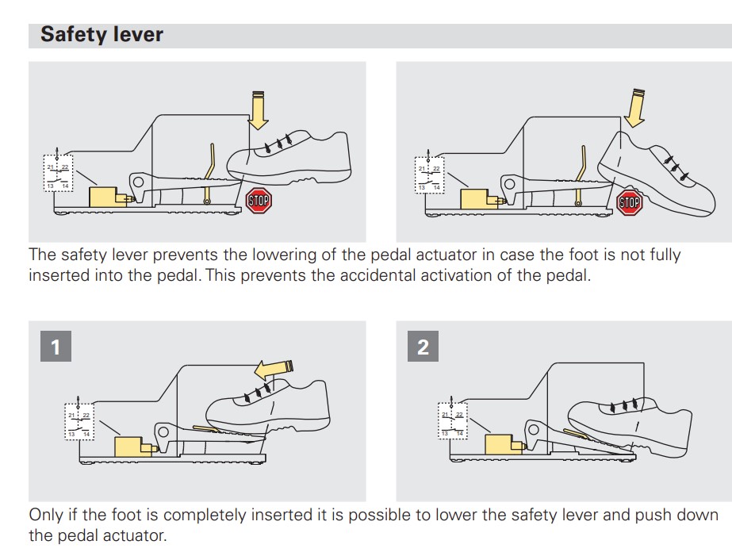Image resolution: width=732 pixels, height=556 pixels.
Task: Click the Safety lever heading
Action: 102,35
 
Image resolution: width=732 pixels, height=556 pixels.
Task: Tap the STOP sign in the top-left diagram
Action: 259,200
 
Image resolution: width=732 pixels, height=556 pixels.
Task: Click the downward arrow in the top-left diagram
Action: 257,110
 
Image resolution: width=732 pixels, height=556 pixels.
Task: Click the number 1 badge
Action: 55,347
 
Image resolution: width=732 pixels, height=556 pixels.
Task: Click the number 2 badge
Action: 423,347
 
